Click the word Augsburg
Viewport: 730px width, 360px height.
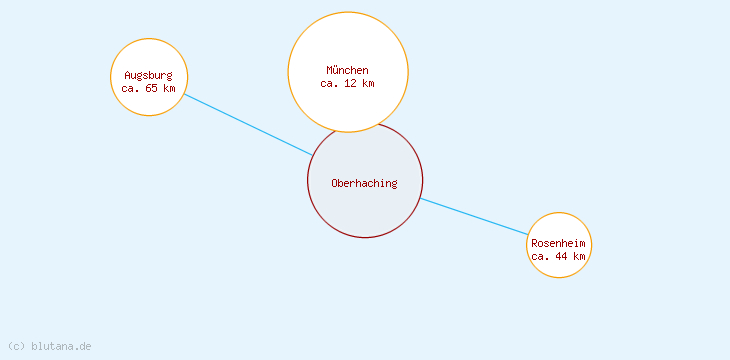click(148, 75)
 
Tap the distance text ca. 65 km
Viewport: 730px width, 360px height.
click(148, 88)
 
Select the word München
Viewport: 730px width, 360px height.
click(347, 70)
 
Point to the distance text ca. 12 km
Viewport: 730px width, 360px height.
click(347, 83)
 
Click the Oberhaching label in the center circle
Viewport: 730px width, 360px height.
click(364, 183)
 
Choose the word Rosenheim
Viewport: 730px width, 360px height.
click(558, 243)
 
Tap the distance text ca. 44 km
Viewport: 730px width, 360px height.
click(558, 256)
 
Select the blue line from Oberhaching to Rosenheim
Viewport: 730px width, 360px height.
click(474, 216)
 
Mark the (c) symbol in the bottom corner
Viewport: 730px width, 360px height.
click(16, 346)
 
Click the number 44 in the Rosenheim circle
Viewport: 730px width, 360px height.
click(563, 256)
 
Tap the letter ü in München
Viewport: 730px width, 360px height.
click(337, 70)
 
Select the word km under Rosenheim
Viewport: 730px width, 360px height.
click(579, 256)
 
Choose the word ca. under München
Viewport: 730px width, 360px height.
click(330, 83)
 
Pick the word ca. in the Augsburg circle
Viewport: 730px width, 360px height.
click(131, 88)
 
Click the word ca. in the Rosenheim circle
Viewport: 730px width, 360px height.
click(541, 256)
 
